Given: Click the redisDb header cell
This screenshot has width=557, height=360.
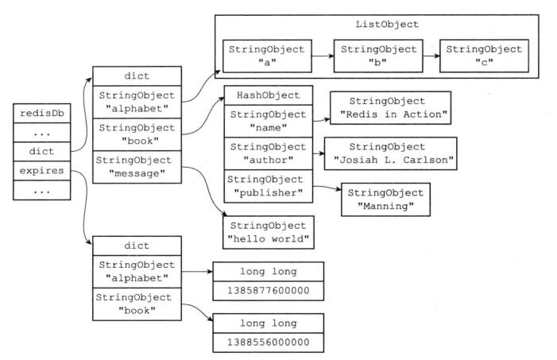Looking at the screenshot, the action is (42, 114).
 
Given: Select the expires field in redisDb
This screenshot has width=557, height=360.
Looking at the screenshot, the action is (42, 171).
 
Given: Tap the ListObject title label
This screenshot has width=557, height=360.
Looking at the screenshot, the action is (387, 24).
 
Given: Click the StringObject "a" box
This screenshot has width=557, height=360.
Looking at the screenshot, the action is (267, 56).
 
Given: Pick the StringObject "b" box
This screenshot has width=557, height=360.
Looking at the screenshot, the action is (378, 56).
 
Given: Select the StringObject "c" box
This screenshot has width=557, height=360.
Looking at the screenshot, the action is (484, 56).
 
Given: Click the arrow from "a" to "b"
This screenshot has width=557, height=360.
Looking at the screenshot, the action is (323, 56).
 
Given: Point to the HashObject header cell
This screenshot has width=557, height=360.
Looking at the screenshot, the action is (269, 95).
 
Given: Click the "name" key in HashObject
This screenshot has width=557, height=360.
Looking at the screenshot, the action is (269, 121).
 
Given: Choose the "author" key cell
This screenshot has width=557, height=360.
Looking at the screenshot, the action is (269, 153).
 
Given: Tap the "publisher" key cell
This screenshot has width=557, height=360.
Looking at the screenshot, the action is (269, 186).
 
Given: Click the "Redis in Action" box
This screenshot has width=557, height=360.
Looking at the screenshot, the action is (390, 107).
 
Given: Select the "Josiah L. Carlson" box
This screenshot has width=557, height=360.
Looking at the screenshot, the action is (390, 153).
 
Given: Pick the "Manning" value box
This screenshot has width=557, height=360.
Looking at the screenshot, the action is (386, 199).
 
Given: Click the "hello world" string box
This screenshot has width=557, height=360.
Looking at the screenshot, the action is (269, 232).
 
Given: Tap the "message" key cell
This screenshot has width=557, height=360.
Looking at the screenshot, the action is (137, 167).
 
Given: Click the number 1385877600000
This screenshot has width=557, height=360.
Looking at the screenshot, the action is (269, 291).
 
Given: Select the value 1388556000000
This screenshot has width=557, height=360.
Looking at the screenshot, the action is (269, 343).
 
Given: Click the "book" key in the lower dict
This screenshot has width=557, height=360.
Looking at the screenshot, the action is (137, 304).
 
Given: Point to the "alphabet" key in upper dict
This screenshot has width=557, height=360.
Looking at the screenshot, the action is (137, 102).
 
